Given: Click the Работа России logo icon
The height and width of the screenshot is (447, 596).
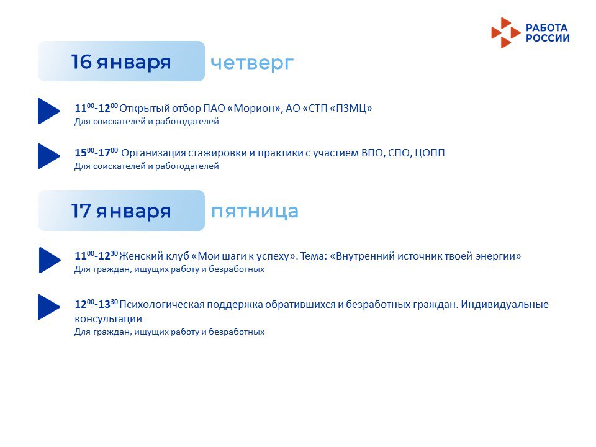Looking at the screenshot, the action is (505, 33).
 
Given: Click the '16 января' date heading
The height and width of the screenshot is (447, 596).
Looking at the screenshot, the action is (121, 62).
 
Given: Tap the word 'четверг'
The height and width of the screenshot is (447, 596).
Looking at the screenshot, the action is (252, 63).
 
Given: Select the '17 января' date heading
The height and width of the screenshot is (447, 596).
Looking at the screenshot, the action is (121, 211).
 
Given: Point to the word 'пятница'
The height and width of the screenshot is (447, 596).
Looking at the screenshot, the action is (255, 211).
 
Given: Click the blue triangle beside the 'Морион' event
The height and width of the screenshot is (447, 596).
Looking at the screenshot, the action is (48, 111).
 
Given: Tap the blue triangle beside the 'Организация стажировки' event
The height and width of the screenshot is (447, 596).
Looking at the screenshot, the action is (48, 156).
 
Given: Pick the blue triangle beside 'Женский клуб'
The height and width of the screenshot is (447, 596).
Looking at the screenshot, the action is (50, 260).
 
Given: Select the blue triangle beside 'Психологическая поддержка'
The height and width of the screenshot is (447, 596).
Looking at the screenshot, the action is (48, 307).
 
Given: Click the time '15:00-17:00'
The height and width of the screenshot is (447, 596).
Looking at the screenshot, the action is (96, 152).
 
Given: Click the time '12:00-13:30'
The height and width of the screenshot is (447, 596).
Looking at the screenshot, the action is (96, 304).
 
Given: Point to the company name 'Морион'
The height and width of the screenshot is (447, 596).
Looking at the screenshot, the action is (253, 108).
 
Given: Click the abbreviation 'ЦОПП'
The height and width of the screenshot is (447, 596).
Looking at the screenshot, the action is (430, 153).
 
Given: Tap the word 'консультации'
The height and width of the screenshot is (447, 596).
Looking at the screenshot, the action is (108, 319).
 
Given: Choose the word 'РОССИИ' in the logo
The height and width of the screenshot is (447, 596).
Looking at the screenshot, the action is (548, 38).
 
